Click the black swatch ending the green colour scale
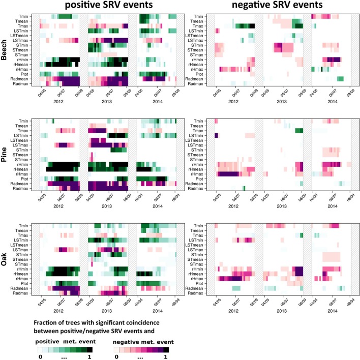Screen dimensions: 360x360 pyautogui.click(x=89, y=349)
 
